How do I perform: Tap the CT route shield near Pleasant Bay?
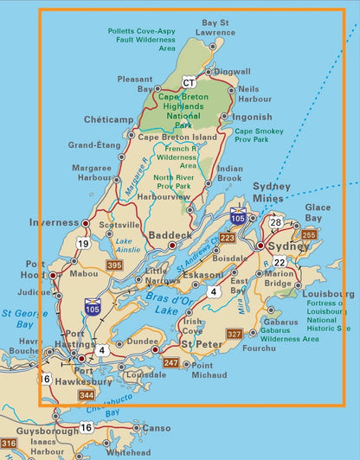pyautogui.click(x=190, y=82)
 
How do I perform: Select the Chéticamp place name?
pyautogui.click(x=108, y=119)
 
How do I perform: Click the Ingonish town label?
pyautogui.click(x=252, y=117)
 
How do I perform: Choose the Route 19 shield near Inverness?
pyautogui.click(x=83, y=244)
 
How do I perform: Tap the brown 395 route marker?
pyautogui.click(x=114, y=265)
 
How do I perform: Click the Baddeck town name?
pyautogui.click(x=165, y=234)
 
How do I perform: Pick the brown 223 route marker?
pyautogui.click(x=228, y=238)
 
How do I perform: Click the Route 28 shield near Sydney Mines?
pyautogui.click(x=275, y=222)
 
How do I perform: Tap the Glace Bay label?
pyautogui.click(x=317, y=213)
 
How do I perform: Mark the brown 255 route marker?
pyautogui.click(x=309, y=234)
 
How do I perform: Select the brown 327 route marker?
pyautogui.click(x=234, y=334)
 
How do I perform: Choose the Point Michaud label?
pyautogui.click(x=209, y=370)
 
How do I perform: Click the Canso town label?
pyautogui.click(x=156, y=427)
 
